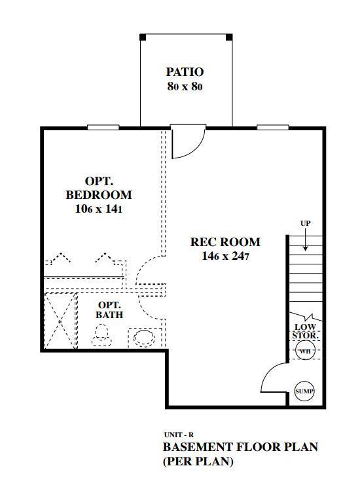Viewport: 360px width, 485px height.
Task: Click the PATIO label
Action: [x=185, y=72]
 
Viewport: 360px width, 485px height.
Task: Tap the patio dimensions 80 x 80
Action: [x=185, y=86]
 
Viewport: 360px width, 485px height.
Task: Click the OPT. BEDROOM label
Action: [x=99, y=187]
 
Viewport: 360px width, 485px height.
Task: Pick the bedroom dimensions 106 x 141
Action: [x=99, y=209]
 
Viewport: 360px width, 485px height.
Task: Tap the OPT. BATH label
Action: [x=109, y=310]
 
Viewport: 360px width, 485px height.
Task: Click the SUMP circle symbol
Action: [x=304, y=391]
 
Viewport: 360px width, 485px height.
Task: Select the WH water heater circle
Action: [x=304, y=351]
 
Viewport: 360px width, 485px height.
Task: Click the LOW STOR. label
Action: [x=306, y=331]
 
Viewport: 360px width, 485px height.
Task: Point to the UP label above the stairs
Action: [x=305, y=224]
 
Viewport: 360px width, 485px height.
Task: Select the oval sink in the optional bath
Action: [x=144, y=338]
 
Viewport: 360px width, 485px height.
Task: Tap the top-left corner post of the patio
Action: [x=143, y=37]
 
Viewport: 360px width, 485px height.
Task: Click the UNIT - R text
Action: [x=178, y=435]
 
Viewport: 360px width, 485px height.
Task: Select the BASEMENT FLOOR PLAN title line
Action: [x=240, y=448]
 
